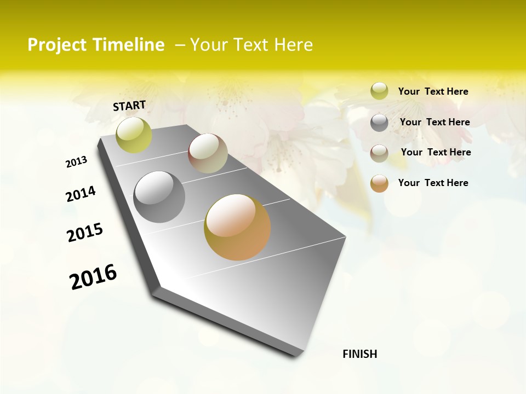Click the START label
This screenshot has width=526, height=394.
point(129,106)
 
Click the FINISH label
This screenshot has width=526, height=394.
point(360,354)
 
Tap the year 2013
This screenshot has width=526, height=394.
point(76,162)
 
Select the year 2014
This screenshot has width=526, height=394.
point(81,194)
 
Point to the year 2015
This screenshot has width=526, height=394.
point(85,233)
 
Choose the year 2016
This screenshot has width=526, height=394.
point(93,277)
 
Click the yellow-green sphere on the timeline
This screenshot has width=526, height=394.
point(134,135)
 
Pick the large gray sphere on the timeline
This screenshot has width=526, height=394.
point(159,197)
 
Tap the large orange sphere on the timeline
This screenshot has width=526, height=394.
point(237,227)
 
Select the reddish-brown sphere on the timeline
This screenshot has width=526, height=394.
point(208,153)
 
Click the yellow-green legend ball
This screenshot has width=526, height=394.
point(379,91)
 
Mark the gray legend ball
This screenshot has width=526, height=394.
point(379,123)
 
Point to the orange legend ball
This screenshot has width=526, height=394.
point(379,183)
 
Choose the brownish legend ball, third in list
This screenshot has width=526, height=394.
point(379,153)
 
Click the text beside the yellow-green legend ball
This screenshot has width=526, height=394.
point(433,91)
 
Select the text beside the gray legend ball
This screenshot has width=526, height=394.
point(434,122)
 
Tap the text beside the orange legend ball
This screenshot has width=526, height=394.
point(433,183)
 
